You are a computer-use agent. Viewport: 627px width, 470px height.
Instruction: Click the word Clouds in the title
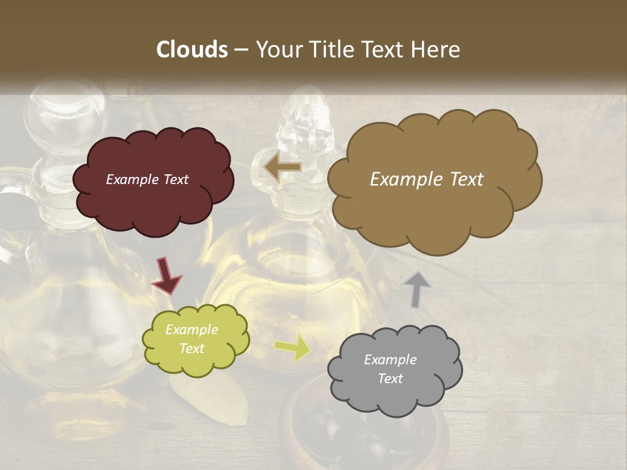[191, 50]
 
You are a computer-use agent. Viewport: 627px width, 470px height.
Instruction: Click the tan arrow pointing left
[282, 168]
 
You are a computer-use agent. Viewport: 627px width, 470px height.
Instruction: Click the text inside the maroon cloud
[147, 180]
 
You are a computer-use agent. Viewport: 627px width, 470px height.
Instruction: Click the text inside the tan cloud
[426, 180]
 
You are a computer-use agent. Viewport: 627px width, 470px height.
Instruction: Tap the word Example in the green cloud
[191, 330]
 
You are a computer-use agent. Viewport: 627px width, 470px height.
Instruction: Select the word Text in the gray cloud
[390, 379]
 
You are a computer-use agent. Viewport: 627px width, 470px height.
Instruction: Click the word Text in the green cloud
[191, 349]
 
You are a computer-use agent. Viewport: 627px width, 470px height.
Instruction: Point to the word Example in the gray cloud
[390, 360]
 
